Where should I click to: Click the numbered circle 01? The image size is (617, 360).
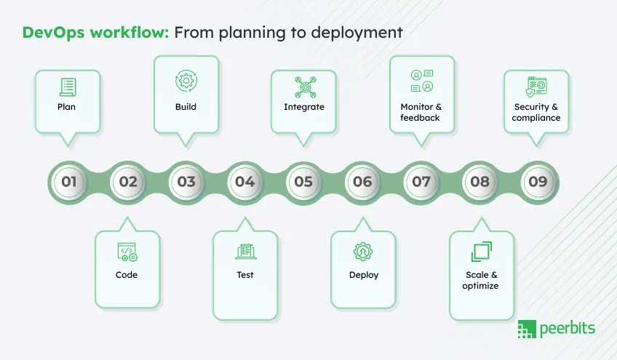[x=69, y=182]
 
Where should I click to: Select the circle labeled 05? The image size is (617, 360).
[x=303, y=182]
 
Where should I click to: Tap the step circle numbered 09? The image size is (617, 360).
[x=538, y=182]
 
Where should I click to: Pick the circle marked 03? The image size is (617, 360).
[x=186, y=182]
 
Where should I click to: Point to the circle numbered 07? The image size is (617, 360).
[x=421, y=182]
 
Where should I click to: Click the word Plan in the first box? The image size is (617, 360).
[x=66, y=107]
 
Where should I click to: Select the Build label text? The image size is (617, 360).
[x=186, y=107]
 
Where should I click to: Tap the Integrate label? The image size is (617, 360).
[x=304, y=107]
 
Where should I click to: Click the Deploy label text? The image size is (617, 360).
[x=364, y=275]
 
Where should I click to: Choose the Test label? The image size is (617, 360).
[x=245, y=275]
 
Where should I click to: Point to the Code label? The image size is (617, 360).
[x=127, y=275]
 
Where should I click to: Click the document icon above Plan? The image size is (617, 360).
[x=67, y=87]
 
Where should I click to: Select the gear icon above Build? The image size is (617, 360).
[x=186, y=81]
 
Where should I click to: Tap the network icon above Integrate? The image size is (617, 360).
[x=304, y=87]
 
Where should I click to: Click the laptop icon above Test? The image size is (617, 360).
[x=245, y=252]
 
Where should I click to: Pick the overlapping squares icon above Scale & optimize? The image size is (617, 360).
[x=481, y=252]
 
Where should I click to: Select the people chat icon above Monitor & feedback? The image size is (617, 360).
[x=421, y=81]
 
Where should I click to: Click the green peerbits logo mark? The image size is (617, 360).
[x=526, y=329]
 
